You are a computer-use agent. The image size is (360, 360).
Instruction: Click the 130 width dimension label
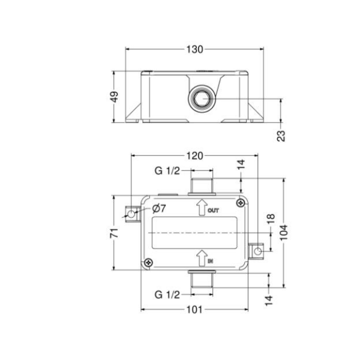[x=194, y=49]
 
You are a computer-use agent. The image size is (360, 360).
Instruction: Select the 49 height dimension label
[x=114, y=97]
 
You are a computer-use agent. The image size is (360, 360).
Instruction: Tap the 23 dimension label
[x=281, y=136]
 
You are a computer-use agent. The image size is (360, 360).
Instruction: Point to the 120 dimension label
[x=194, y=156]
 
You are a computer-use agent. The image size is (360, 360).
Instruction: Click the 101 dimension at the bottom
[x=194, y=310]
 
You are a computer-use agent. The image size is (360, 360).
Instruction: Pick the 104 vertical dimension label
[x=284, y=232]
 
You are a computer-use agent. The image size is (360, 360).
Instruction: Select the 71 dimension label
[x=114, y=233]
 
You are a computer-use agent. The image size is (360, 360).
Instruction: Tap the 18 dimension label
[x=271, y=218]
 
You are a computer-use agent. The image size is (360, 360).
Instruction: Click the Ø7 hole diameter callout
[x=158, y=208]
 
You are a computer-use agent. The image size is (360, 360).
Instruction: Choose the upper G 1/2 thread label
[x=167, y=170]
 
